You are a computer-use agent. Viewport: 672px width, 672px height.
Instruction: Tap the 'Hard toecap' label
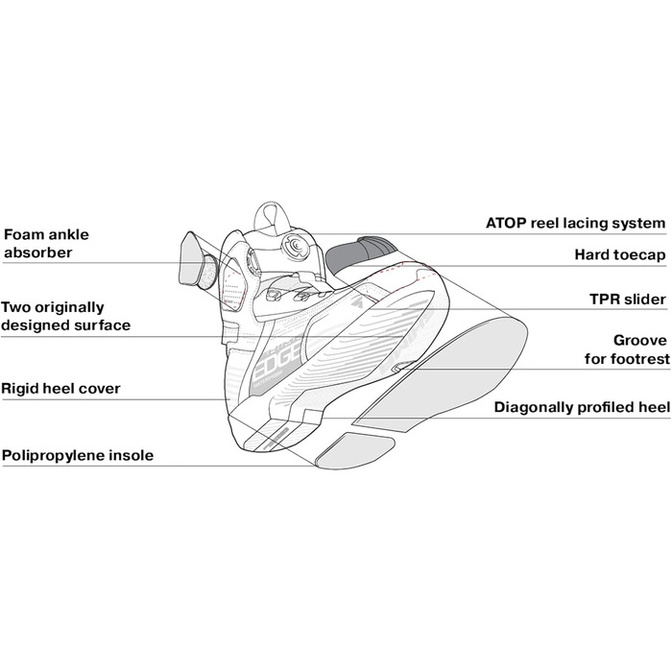click(619, 254)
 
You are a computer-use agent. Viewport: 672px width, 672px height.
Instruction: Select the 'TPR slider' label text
click(627, 300)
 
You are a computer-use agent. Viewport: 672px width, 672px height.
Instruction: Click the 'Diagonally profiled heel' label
click(581, 407)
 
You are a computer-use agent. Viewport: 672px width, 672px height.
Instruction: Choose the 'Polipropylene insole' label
click(78, 456)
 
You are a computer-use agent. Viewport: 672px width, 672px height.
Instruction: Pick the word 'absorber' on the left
click(38, 252)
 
